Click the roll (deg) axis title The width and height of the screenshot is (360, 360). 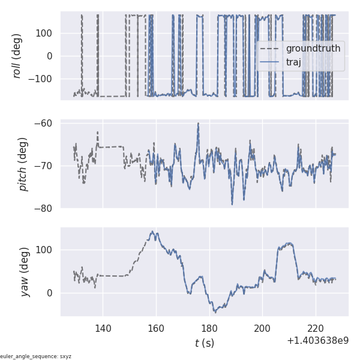(x=17, y=56)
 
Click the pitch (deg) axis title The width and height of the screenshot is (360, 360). (x=23, y=164)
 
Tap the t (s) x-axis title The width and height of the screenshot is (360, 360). (x=204, y=343)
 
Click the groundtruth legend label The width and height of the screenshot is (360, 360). (x=313, y=49)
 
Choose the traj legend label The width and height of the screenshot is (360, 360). (x=293, y=62)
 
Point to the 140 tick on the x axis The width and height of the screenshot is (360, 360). (x=103, y=328)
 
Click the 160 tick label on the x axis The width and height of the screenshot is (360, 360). (x=156, y=328)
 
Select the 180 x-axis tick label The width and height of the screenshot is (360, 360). (x=209, y=328)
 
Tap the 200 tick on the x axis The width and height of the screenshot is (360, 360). (x=262, y=328)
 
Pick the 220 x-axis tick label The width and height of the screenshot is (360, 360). (x=316, y=328)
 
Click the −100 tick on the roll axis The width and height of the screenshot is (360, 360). (x=42, y=79)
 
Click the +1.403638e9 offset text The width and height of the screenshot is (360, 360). (x=317, y=341)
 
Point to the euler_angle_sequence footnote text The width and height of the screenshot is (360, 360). (x=35, y=356)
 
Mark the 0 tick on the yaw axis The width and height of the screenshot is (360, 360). (x=51, y=293)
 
